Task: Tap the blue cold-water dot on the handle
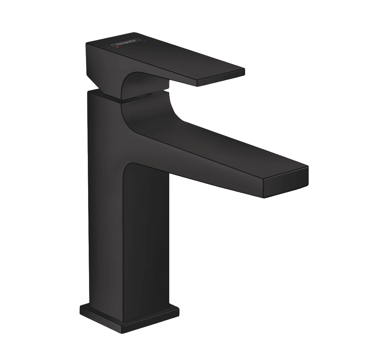pyautogui.click(x=144, y=40)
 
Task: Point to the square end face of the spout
pyautogui.click(x=286, y=183)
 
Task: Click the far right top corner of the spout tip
pyautogui.click(x=308, y=166)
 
